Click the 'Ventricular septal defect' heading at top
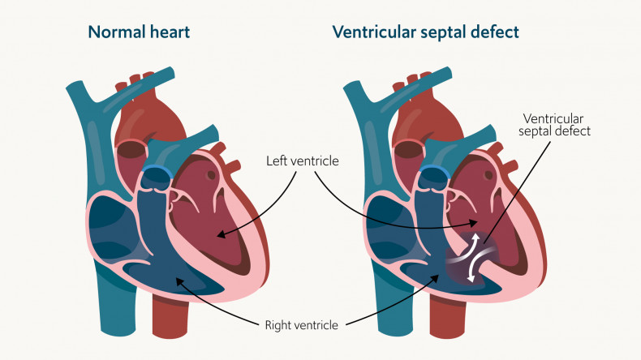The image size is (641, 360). click(x=425, y=32)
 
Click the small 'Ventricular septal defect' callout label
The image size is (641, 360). click(x=557, y=123)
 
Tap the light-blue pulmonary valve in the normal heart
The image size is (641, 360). click(x=157, y=172)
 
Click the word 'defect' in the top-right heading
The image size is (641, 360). click(x=495, y=32)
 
